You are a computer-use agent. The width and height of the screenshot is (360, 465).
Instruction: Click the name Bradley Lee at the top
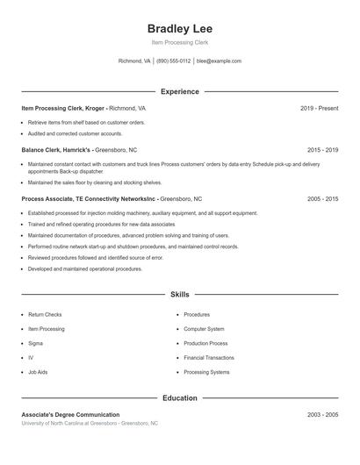click(179, 28)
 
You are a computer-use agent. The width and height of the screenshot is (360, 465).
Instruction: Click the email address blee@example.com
click(219, 61)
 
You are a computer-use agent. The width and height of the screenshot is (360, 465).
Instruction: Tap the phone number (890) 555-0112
click(174, 61)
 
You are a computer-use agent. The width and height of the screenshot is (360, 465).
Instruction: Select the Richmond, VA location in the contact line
click(134, 61)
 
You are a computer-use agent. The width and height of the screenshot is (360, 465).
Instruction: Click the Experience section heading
click(179, 91)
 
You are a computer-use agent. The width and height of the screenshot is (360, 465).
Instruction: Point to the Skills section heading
click(179, 295)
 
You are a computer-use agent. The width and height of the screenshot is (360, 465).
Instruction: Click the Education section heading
click(179, 397)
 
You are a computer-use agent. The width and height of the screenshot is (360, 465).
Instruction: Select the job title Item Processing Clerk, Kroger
click(62, 108)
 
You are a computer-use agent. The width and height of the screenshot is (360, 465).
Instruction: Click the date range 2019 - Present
click(319, 108)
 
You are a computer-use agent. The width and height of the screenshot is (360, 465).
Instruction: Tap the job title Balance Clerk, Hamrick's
click(56, 150)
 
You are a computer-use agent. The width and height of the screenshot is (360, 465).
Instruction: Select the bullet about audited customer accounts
click(75, 133)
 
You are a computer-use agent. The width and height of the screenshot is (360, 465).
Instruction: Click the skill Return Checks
click(45, 314)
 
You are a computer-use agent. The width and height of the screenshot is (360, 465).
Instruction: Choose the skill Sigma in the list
click(36, 343)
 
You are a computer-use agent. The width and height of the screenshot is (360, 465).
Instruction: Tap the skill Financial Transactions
click(209, 358)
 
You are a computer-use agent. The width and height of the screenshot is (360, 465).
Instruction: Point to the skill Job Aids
click(38, 372)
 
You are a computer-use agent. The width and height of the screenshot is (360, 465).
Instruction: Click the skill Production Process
click(205, 343)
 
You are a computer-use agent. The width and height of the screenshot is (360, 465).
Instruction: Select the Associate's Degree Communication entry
click(70, 414)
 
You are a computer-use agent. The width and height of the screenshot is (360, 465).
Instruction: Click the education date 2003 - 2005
click(323, 414)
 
